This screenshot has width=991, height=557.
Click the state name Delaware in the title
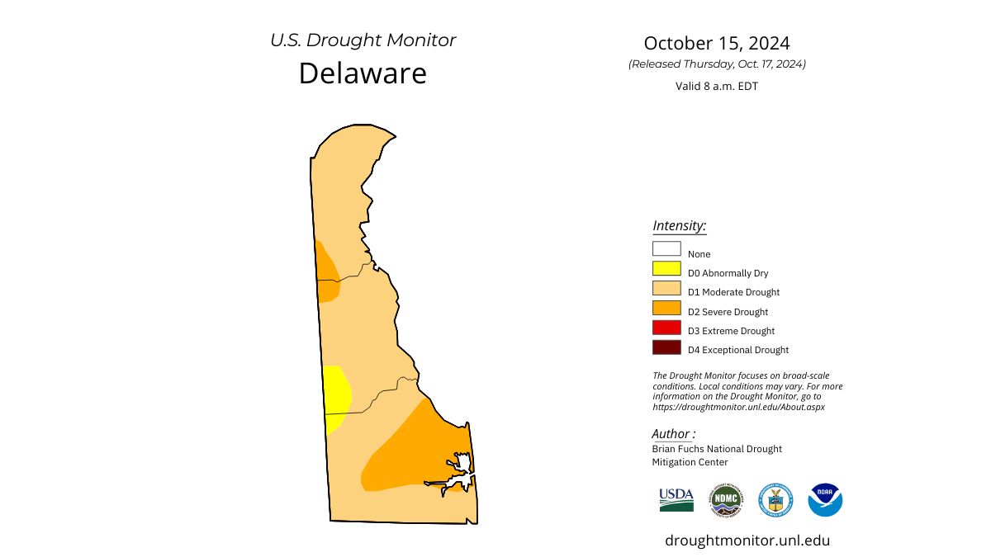tap(363, 73)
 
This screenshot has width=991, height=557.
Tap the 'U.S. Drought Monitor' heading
tap(363, 40)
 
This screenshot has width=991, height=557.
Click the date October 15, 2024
tap(717, 43)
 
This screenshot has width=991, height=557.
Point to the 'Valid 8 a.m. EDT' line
tap(717, 86)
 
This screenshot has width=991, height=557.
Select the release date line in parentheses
tap(717, 64)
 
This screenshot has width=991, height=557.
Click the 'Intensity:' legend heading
tap(679, 225)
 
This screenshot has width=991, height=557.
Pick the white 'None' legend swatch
tap(666, 248)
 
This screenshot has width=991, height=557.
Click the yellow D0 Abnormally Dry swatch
tap(666, 267)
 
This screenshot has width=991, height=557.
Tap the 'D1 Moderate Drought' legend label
tap(733, 292)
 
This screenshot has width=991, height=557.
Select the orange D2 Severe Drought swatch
tap(666, 308)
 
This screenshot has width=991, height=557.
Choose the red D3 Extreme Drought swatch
tap(666, 328)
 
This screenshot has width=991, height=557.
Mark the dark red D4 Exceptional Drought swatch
tap(666, 347)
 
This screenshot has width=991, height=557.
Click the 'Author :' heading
tap(673, 434)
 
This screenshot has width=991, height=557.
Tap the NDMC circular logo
tap(726, 500)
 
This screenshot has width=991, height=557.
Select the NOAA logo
tap(825, 500)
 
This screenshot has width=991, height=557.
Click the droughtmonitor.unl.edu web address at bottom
tap(747, 540)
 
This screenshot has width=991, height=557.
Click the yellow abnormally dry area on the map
tap(334, 396)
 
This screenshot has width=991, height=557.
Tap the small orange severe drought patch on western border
tap(325, 272)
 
